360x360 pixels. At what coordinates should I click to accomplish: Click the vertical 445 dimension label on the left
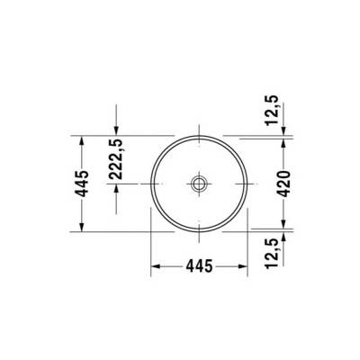(x=82, y=184)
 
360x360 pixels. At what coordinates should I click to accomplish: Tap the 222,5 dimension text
(x=116, y=161)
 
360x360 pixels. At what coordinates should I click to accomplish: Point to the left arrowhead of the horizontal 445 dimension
(x=153, y=266)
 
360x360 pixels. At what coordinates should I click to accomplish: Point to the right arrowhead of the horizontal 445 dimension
(x=245, y=266)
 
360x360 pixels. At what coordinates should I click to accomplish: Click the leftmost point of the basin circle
(x=149, y=184)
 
